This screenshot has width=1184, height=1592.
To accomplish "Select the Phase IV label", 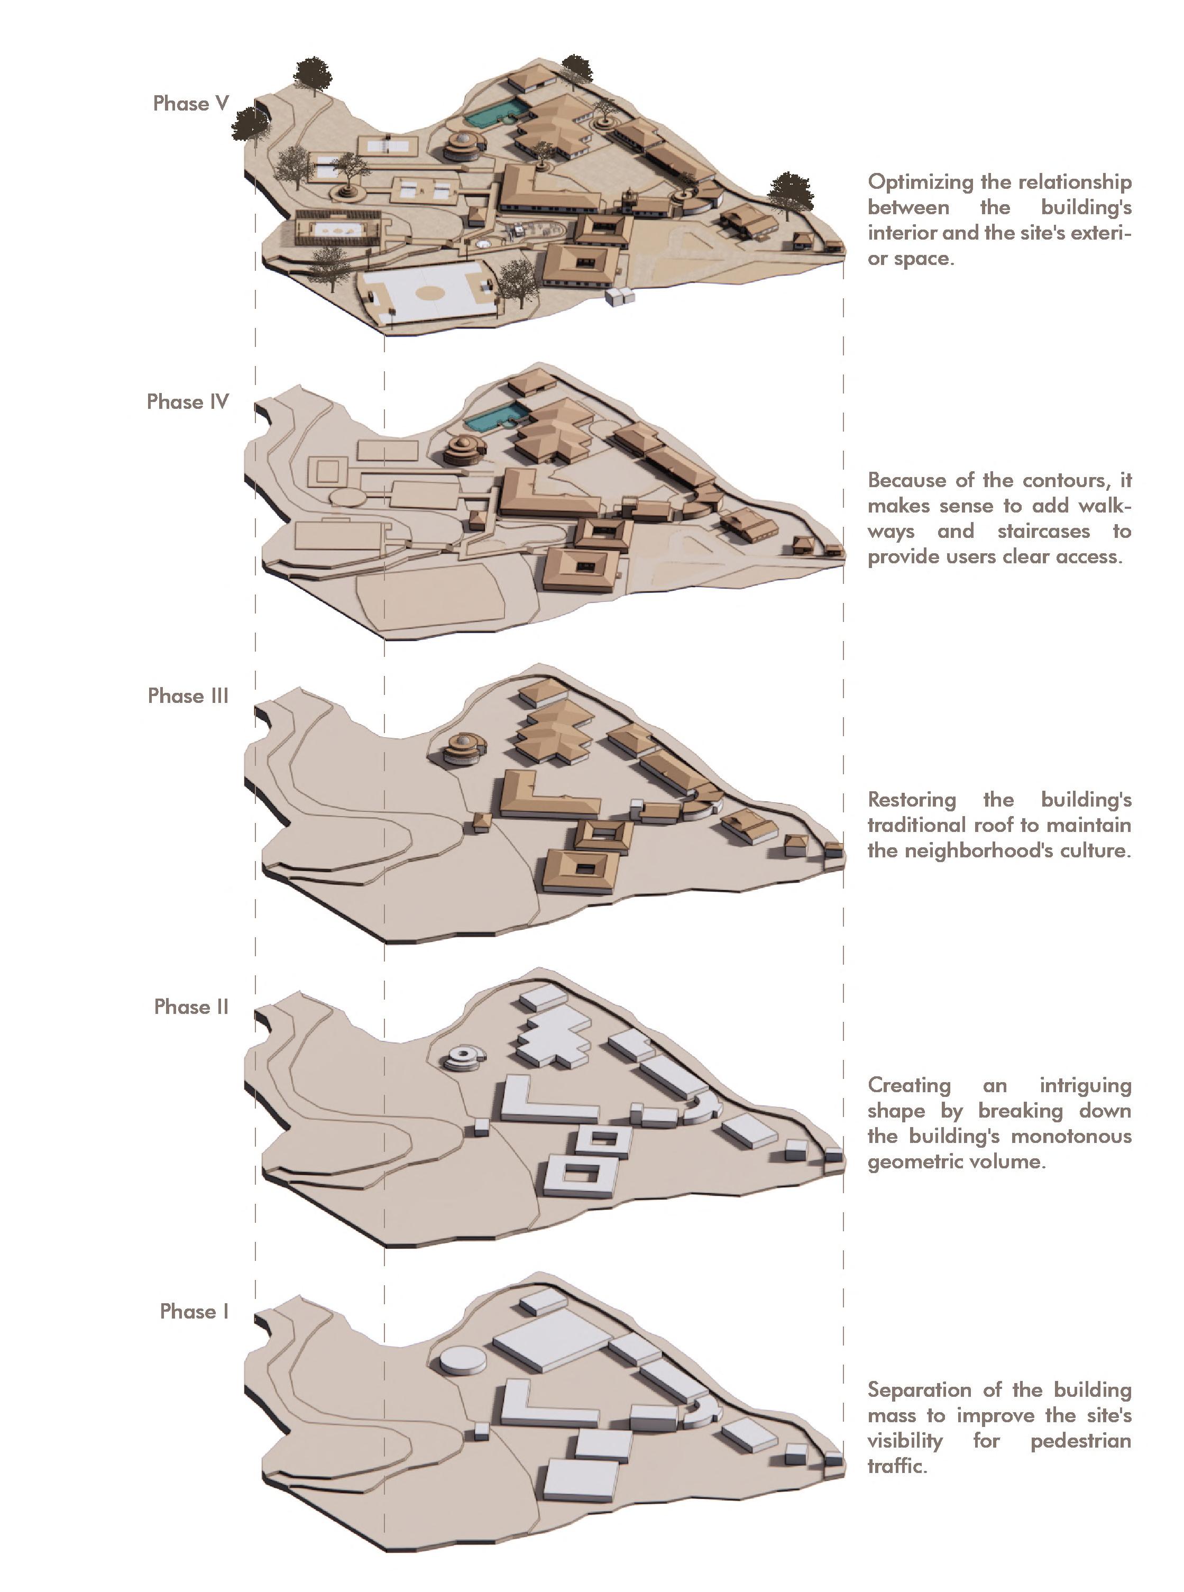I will pyautogui.click(x=187, y=401).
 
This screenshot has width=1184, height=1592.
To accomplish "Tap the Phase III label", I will pyautogui.click(x=188, y=696).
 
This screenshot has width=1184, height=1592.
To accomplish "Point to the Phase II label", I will pyautogui.click(x=191, y=1007).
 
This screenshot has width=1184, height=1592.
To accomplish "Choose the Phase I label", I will pyautogui.click(x=194, y=1311).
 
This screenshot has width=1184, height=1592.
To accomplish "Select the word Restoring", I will pyautogui.click(x=912, y=799).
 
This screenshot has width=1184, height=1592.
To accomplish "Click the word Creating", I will pyautogui.click(x=909, y=1085).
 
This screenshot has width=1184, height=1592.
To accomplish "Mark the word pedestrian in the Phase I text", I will pyautogui.click(x=1080, y=1441).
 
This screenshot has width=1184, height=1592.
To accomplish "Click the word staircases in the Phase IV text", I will pyautogui.click(x=1043, y=531).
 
